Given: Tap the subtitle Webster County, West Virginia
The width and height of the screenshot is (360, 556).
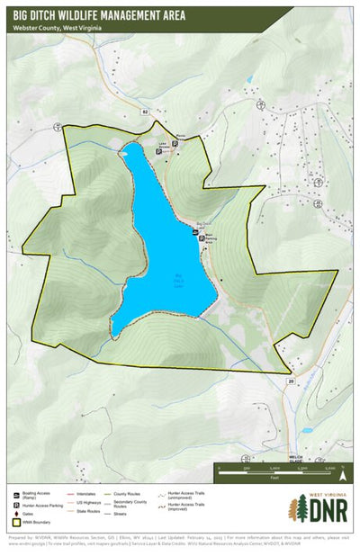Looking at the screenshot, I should [58, 29].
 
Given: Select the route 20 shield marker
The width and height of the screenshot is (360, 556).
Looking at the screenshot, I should [291, 381].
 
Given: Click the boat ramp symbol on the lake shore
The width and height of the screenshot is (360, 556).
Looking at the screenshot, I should [196, 231].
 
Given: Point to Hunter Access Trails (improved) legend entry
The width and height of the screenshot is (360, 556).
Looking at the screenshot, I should [185, 507].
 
